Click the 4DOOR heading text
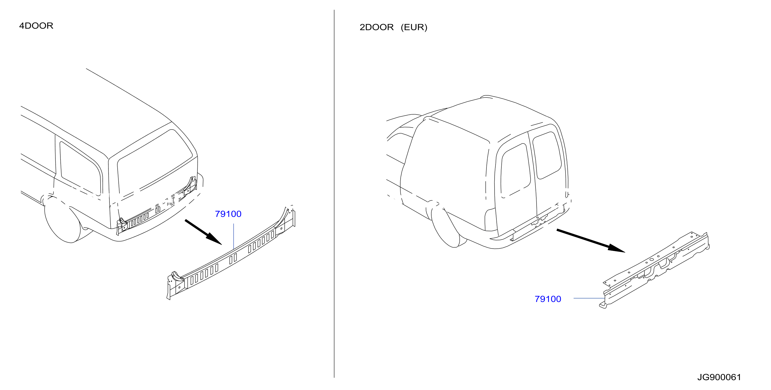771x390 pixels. coord(36,26)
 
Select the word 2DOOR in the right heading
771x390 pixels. coord(376,27)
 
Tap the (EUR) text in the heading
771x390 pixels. coord(414,27)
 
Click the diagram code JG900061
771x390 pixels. coord(719,377)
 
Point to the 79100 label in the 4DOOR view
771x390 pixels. coord(228,214)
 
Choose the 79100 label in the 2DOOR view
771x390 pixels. coord(548,299)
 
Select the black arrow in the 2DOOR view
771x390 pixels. coord(591,241)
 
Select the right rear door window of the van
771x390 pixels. coord(547,155)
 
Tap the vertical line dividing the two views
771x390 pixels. coord(334,193)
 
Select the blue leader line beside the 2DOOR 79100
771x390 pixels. coord(589,298)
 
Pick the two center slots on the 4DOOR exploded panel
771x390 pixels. coord(233,259)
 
